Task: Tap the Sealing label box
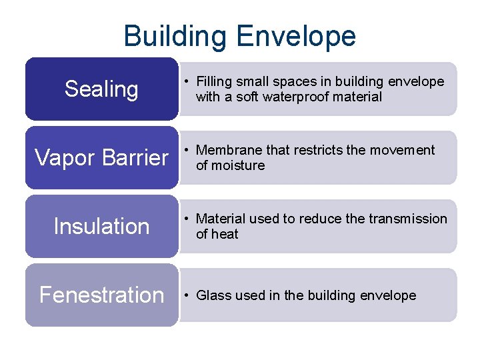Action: (101, 89)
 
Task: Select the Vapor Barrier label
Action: (101, 158)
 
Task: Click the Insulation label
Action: (101, 227)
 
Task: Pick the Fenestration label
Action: (101, 295)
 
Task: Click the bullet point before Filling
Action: (188, 82)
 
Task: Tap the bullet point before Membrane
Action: (188, 151)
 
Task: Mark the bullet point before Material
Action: (188, 219)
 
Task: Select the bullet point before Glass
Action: (188, 296)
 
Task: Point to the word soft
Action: (249, 97)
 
